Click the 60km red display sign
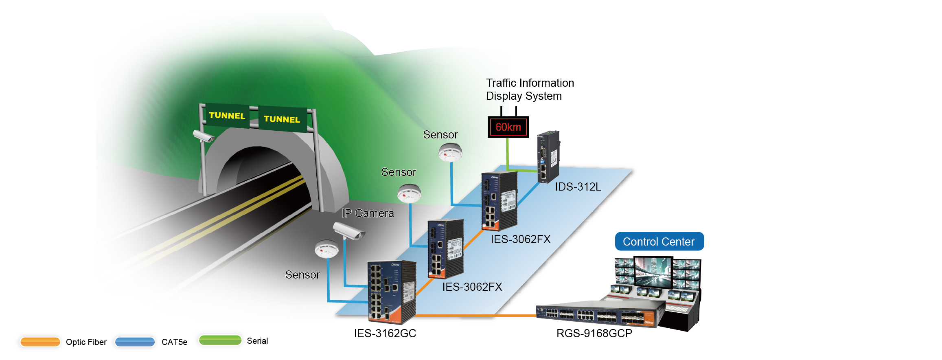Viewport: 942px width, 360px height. (x=508, y=127)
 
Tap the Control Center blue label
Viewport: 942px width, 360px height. (x=659, y=241)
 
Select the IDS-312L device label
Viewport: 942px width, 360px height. (x=578, y=187)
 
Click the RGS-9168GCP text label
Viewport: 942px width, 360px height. (x=594, y=334)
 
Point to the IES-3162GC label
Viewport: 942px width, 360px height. (x=385, y=334)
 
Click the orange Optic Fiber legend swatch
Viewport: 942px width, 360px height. (x=40, y=342)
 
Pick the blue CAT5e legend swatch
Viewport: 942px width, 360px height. (x=135, y=342)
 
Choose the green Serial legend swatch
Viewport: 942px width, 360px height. (x=220, y=340)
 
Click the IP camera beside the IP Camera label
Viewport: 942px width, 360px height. (x=348, y=231)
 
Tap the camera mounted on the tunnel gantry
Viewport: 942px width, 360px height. (x=203, y=136)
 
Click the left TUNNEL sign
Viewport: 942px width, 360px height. (x=227, y=116)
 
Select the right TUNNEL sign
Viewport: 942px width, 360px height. (x=282, y=119)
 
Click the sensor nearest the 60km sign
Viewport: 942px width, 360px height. (x=450, y=153)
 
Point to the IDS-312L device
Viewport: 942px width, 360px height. (x=548, y=157)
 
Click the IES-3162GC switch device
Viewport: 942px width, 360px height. (x=391, y=291)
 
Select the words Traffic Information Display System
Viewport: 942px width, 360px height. (x=530, y=90)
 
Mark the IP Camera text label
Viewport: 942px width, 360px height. (x=368, y=213)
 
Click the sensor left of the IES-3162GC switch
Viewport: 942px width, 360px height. (x=326, y=249)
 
